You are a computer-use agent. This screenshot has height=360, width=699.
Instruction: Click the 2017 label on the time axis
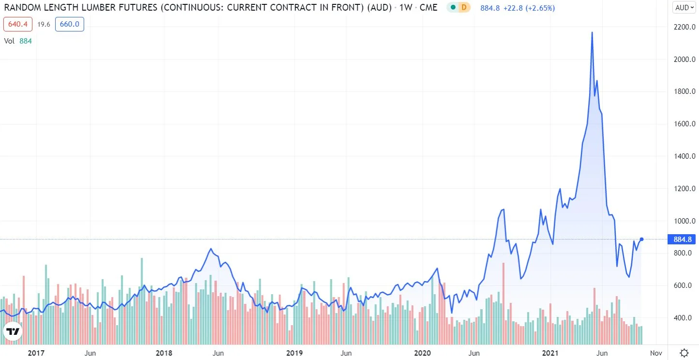[36, 353]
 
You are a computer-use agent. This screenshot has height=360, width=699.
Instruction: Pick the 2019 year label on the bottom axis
[294, 353]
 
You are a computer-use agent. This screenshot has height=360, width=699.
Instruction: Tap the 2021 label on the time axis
[552, 353]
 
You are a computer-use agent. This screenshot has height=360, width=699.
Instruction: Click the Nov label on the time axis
[656, 353]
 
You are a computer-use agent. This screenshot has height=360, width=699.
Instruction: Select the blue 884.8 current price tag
[681, 239]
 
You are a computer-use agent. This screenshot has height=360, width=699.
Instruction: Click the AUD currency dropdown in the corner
[684, 7]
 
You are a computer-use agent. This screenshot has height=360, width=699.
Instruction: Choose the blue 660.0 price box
[69, 24]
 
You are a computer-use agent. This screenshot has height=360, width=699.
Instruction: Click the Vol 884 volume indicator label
[18, 41]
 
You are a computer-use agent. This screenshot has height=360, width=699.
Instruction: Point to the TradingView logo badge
[13, 332]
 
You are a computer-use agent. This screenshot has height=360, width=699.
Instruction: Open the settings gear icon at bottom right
[684, 353]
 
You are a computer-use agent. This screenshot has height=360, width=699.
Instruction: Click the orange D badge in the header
[464, 8]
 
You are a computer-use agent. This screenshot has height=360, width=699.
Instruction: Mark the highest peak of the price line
[592, 32]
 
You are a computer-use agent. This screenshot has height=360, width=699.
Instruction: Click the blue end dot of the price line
[641, 239]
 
